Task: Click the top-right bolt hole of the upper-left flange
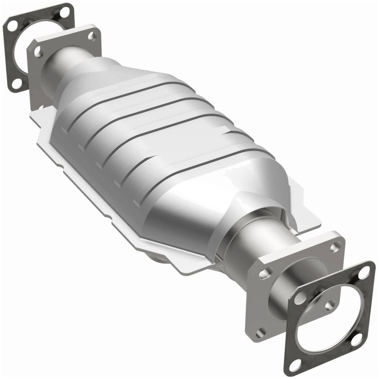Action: [x=92, y=35]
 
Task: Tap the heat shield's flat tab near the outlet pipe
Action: [x=303, y=223]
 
